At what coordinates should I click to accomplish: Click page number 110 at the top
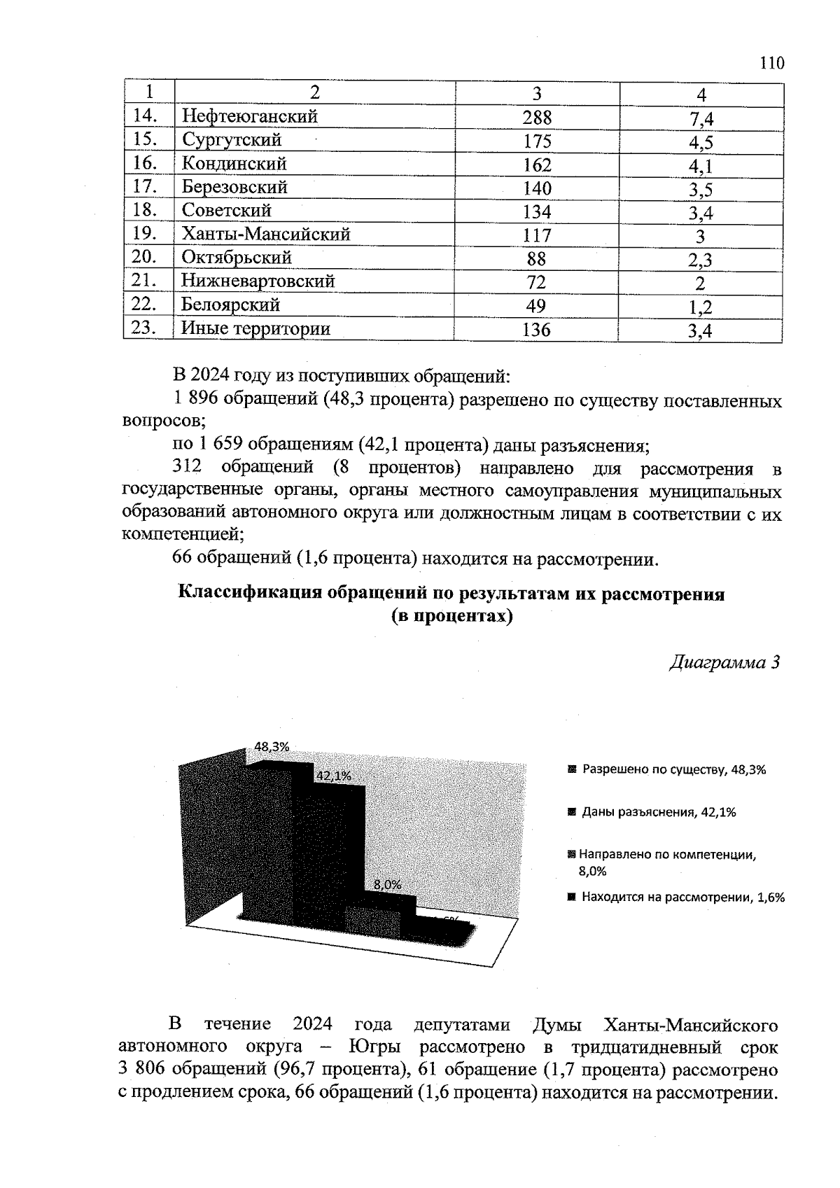[x=771, y=64]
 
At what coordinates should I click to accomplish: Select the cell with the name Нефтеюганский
[x=249, y=116]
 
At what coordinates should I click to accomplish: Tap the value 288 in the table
[x=537, y=118]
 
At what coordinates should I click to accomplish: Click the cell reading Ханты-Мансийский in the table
[x=265, y=234]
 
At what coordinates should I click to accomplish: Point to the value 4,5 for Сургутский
[x=701, y=143]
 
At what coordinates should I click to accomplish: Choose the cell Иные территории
[x=255, y=328]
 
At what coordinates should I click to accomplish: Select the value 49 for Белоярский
[x=536, y=306]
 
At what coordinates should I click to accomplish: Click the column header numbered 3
[x=537, y=94]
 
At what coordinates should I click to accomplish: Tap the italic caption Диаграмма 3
[x=724, y=662]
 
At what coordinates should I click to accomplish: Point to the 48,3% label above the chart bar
[x=272, y=746]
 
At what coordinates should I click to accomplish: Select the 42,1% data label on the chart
[x=333, y=776]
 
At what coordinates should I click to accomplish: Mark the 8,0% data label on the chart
[x=387, y=884]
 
